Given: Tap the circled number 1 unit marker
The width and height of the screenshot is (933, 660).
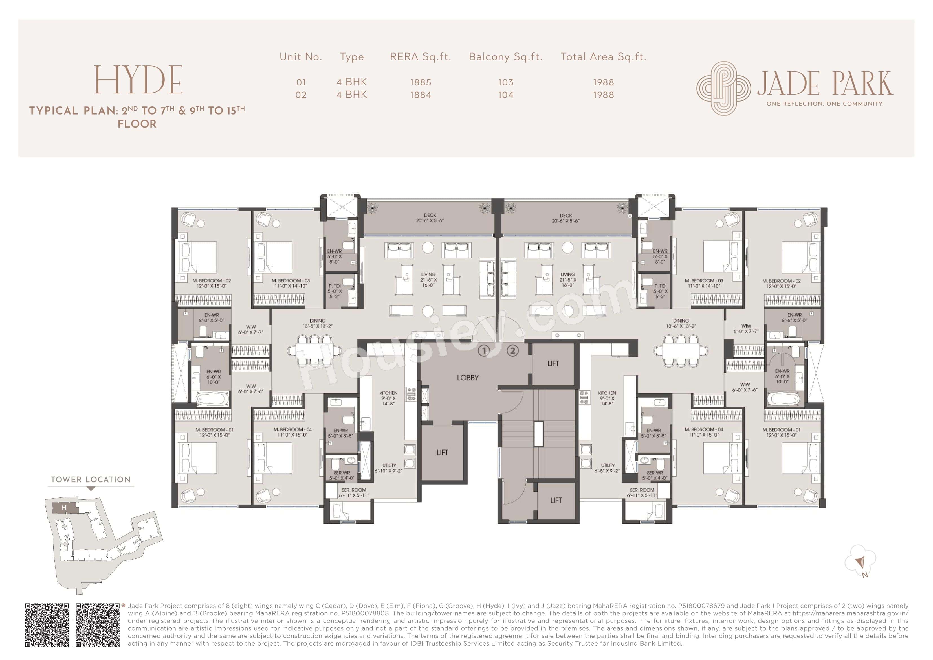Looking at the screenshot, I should coord(484,350).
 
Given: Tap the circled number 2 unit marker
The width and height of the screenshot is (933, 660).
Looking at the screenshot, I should coord(513,350).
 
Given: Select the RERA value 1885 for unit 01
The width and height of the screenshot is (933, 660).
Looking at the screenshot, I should coord(420,82).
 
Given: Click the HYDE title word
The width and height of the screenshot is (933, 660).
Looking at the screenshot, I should coord(138,80).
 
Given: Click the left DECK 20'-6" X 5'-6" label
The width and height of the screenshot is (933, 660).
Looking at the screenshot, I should coord(430,218).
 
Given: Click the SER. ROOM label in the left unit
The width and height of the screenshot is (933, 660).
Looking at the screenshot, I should coord(353,492).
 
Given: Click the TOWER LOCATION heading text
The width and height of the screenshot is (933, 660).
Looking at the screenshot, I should coord(91,479).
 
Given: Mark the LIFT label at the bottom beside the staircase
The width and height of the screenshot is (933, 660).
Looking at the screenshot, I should coord(556,501).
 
